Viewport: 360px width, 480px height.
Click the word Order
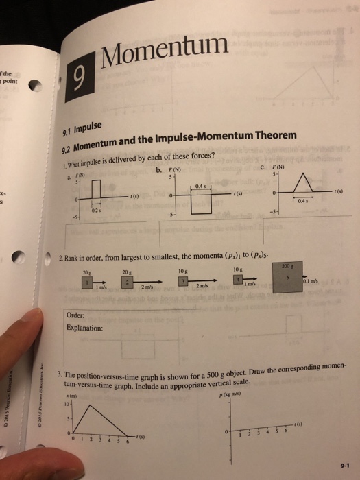pos(75,316)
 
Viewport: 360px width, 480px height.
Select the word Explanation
pos(85,328)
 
